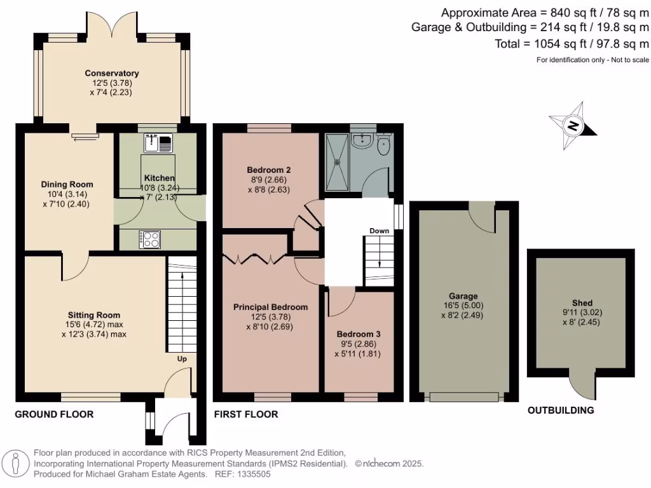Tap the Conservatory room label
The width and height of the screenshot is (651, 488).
click(112, 74)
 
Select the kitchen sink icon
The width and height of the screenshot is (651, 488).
click(159, 144)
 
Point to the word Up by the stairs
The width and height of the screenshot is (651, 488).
click(182, 359)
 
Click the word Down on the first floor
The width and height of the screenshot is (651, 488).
click(379, 231)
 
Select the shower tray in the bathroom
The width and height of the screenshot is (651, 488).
click(338, 161)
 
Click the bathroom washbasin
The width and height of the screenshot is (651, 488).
click(363, 140)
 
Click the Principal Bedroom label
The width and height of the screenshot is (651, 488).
click(270, 307)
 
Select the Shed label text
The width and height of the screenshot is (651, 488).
click(582, 302)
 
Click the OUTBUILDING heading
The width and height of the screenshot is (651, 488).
click(561, 410)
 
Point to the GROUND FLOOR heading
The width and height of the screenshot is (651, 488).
click(54, 414)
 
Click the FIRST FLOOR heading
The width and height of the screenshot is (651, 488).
click(245, 414)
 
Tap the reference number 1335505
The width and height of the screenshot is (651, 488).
click(254, 474)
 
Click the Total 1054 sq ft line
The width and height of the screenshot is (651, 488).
click(572, 44)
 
